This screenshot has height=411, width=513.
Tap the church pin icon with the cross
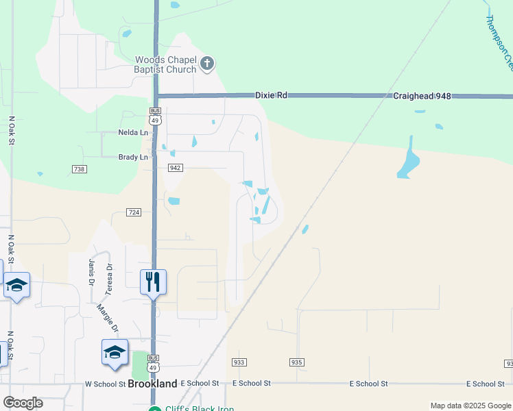pos(207,65)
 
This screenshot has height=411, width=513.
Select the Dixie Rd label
pos(271,97)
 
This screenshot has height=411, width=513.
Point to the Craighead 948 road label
pos(422,97)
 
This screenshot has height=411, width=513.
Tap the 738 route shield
pos(79,169)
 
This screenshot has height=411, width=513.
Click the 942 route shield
pos(175,168)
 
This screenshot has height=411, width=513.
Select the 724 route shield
pos(134,212)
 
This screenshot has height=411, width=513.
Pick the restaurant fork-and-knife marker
pos(153,281)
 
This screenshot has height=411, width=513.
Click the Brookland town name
pos(152,384)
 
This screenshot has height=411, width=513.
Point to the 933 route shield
pos(239,362)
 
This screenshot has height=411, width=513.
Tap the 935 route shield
pos(296,362)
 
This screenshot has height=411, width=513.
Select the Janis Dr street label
pos(91,272)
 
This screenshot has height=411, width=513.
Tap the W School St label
pos(106,384)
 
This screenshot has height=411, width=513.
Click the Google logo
pos(23,402)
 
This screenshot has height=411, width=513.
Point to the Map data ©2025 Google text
pos(470,406)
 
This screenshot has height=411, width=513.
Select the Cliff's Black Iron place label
pos(200,409)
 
